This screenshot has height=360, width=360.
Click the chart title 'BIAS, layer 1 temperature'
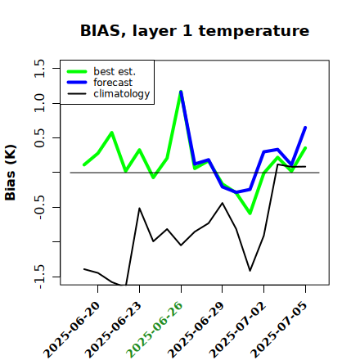[x=195, y=30]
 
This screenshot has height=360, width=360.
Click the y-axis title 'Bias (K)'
[x=11, y=173]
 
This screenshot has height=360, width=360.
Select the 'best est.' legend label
[x=115, y=71]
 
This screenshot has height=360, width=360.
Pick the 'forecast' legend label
[x=113, y=83]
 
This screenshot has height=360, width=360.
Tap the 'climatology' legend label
[x=122, y=94]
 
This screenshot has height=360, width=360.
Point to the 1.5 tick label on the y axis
[x=39, y=68]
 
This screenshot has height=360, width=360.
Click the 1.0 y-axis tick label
[x=39, y=103]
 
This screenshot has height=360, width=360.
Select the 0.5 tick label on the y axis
[x=39, y=138]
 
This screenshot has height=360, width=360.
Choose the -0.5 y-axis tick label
[x=39, y=207]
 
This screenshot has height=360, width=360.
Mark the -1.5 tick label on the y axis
[x=39, y=277]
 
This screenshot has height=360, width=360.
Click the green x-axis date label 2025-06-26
[x=155, y=330]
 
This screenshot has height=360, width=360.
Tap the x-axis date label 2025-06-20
[x=71, y=330]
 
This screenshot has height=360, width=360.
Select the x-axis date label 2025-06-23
[x=113, y=330]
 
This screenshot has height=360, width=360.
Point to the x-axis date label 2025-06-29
[x=196, y=330]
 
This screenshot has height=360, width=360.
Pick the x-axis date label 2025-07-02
[x=237, y=330]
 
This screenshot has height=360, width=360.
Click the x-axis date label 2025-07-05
[x=279, y=330]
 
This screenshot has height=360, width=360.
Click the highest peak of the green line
[x=181, y=92]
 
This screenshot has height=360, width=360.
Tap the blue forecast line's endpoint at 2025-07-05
[x=305, y=128]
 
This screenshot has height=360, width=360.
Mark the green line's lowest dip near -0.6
[x=250, y=214]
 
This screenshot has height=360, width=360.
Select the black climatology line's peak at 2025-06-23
[x=139, y=209]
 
